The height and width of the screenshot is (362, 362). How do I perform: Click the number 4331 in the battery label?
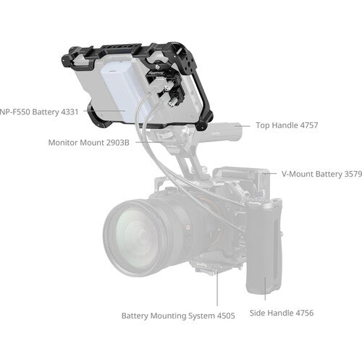[70, 112]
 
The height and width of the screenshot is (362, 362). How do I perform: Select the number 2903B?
[118, 143]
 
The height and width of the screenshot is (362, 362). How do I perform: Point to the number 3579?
[353, 174]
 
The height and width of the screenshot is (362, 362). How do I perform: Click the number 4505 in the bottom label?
[226, 316]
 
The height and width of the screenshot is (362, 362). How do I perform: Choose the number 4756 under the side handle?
[305, 313]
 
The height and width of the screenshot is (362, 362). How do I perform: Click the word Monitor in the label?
[63, 143]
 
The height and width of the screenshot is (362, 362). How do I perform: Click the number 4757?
[309, 125]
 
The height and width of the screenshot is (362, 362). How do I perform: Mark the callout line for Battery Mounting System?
[217, 288]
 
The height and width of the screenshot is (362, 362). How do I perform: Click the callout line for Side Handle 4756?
[265, 288]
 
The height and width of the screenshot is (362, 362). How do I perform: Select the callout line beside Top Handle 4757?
[243, 126]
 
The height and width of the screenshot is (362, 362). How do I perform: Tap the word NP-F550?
[15, 112]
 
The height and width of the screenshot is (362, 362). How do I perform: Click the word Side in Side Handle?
[258, 313]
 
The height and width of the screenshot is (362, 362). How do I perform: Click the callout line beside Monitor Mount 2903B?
[150, 142]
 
